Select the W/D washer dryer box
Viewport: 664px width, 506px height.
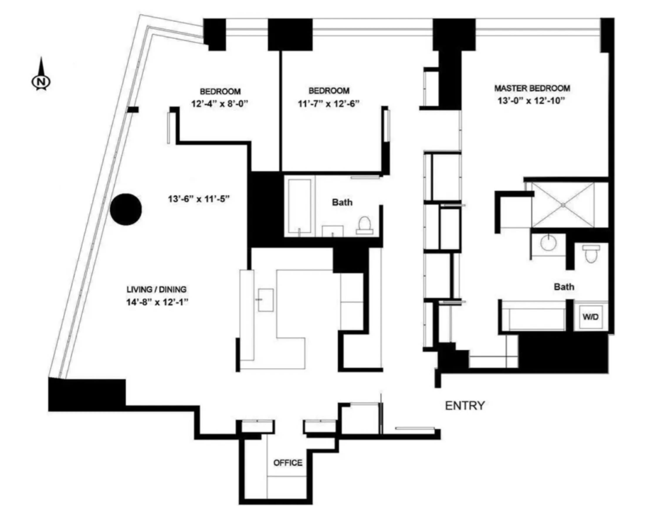pyautogui.click(x=590, y=317)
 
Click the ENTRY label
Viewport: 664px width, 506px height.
pyautogui.click(x=465, y=406)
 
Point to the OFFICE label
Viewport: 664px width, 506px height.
pyautogui.click(x=288, y=463)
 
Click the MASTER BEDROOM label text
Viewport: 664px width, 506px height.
pyautogui.click(x=532, y=88)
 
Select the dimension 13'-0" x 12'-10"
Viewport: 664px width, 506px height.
pyautogui.click(x=531, y=101)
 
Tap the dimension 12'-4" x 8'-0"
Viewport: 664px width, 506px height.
pyautogui.click(x=220, y=104)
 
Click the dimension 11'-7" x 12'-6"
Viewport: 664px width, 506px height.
pyautogui.click(x=328, y=104)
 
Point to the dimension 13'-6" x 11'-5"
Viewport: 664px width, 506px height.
pyautogui.click(x=199, y=199)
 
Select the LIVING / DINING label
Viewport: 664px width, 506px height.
pyautogui.click(x=156, y=290)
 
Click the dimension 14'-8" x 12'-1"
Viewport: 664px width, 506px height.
pyautogui.click(x=157, y=302)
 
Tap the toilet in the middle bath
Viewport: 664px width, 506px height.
pyautogui.click(x=365, y=225)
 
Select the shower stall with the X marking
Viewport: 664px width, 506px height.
pyautogui.click(x=563, y=205)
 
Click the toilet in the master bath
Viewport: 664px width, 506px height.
pyautogui.click(x=591, y=254)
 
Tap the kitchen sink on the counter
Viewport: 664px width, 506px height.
pyautogui.click(x=266, y=300)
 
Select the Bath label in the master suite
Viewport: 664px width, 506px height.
pyautogui.click(x=564, y=287)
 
